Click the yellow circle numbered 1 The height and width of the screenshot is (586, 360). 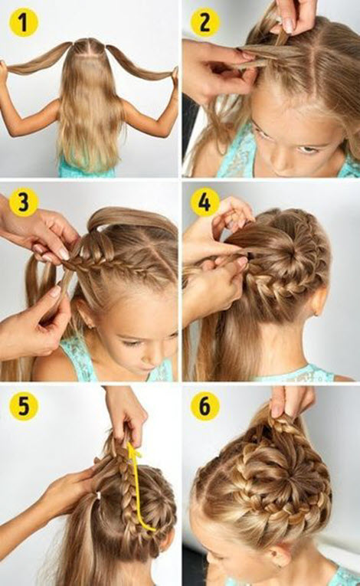pos(23,23)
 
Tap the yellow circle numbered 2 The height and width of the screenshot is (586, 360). pos(205,23)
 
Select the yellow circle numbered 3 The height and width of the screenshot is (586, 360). pos(23,202)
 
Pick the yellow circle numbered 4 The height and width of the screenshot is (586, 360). pos(205,202)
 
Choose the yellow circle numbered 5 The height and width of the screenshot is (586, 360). pos(23,406)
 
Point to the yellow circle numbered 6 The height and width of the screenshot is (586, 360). pos(205,406)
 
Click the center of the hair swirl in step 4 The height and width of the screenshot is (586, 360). pos(288,259)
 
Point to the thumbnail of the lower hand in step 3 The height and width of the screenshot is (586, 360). pos(56,292)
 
